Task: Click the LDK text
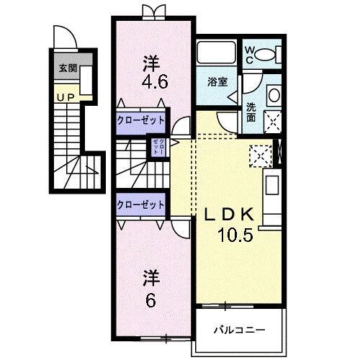click(x=231, y=214)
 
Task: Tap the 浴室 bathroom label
click(x=218, y=81)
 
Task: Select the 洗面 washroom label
click(x=251, y=112)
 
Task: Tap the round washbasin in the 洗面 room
click(x=274, y=94)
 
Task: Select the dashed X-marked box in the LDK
click(x=258, y=153)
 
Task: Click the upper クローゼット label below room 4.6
click(x=141, y=120)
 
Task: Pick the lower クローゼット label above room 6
click(x=141, y=204)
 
